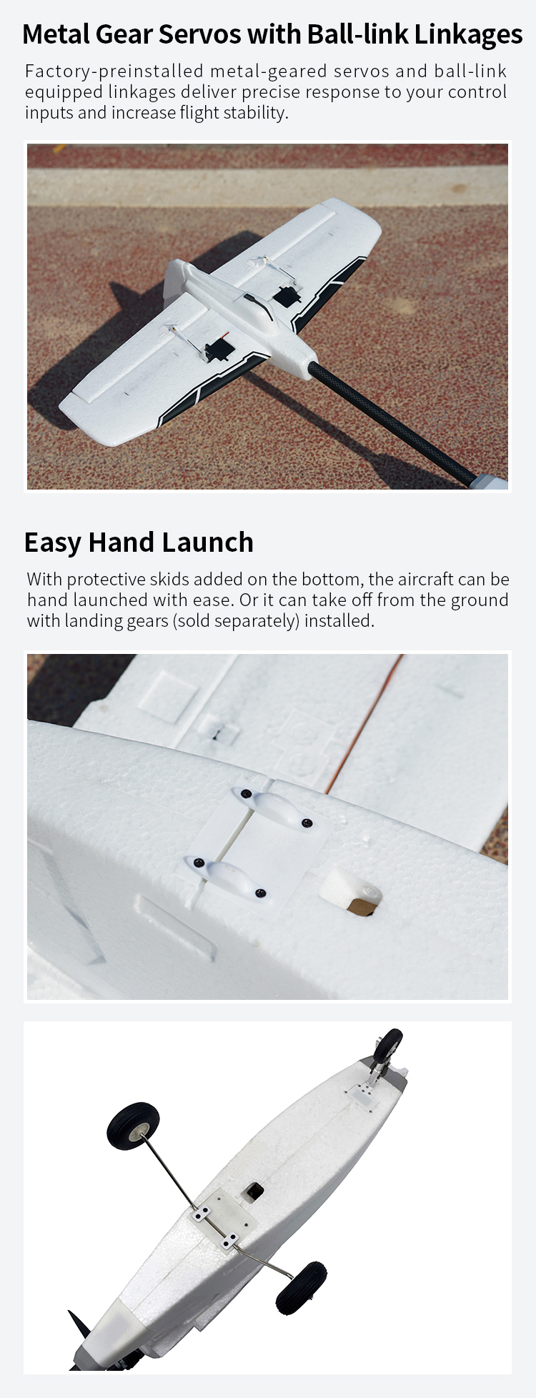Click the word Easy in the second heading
52,543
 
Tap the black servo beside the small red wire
214,352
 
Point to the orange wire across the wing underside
365,723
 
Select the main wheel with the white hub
133,1126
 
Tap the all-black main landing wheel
301,1289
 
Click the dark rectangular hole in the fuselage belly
252,1191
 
